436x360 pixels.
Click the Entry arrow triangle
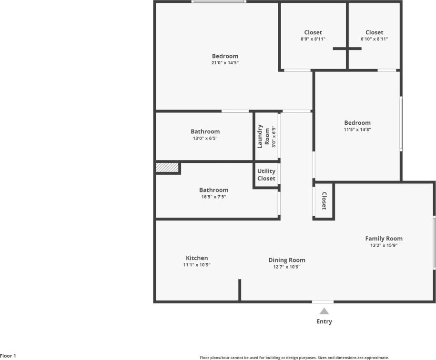tap(324, 311)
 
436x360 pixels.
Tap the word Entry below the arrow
tap(324, 321)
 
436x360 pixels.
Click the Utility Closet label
tap(266, 175)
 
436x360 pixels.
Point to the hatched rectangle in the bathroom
tap(167, 168)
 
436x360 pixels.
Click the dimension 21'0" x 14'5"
tap(225, 63)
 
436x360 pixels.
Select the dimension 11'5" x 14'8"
tap(357, 130)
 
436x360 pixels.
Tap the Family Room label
tap(384, 239)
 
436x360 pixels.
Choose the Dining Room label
tap(287, 260)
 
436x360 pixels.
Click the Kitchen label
tap(197, 258)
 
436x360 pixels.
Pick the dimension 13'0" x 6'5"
tap(205, 139)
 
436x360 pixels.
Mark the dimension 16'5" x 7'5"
tap(213, 197)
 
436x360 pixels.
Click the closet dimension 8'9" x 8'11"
tap(313, 39)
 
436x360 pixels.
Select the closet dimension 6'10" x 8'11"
tap(374, 39)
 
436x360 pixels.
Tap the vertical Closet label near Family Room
tap(324, 201)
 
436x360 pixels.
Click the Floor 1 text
tap(8, 356)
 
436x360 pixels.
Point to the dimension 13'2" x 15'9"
tap(384, 246)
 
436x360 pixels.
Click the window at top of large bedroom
tap(219, 2)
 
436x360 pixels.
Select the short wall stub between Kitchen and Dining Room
tap(240, 290)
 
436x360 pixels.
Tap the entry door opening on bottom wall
tap(323, 301)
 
